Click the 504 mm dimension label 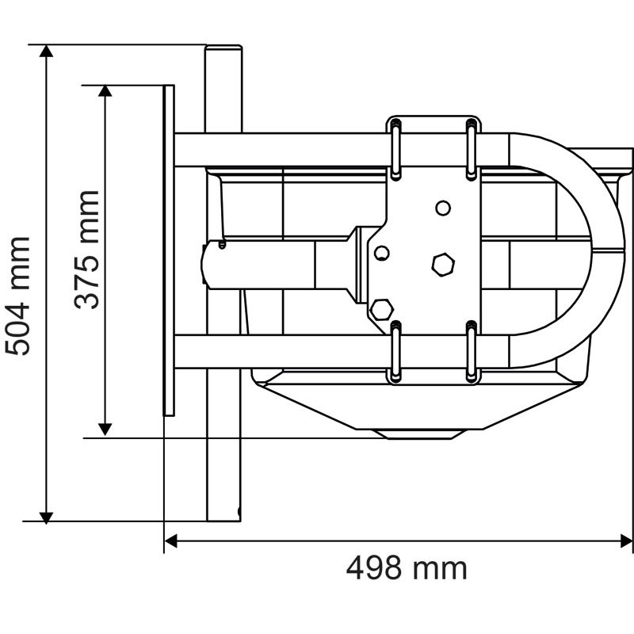pyautogui.click(x=17, y=295)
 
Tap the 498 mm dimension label pyautogui.click(x=406, y=568)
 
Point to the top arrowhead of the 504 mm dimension pyautogui.click(x=47, y=52)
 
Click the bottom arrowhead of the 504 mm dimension pyautogui.click(x=47, y=515)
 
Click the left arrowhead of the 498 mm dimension pyautogui.click(x=171, y=542)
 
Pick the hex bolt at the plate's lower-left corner pyautogui.click(x=382, y=309)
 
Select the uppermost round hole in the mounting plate pyautogui.click(x=443, y=208)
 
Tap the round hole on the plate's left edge pyautogui.click(x=382, y=253)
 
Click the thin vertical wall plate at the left pyautogui.click(x=168, y=250)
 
